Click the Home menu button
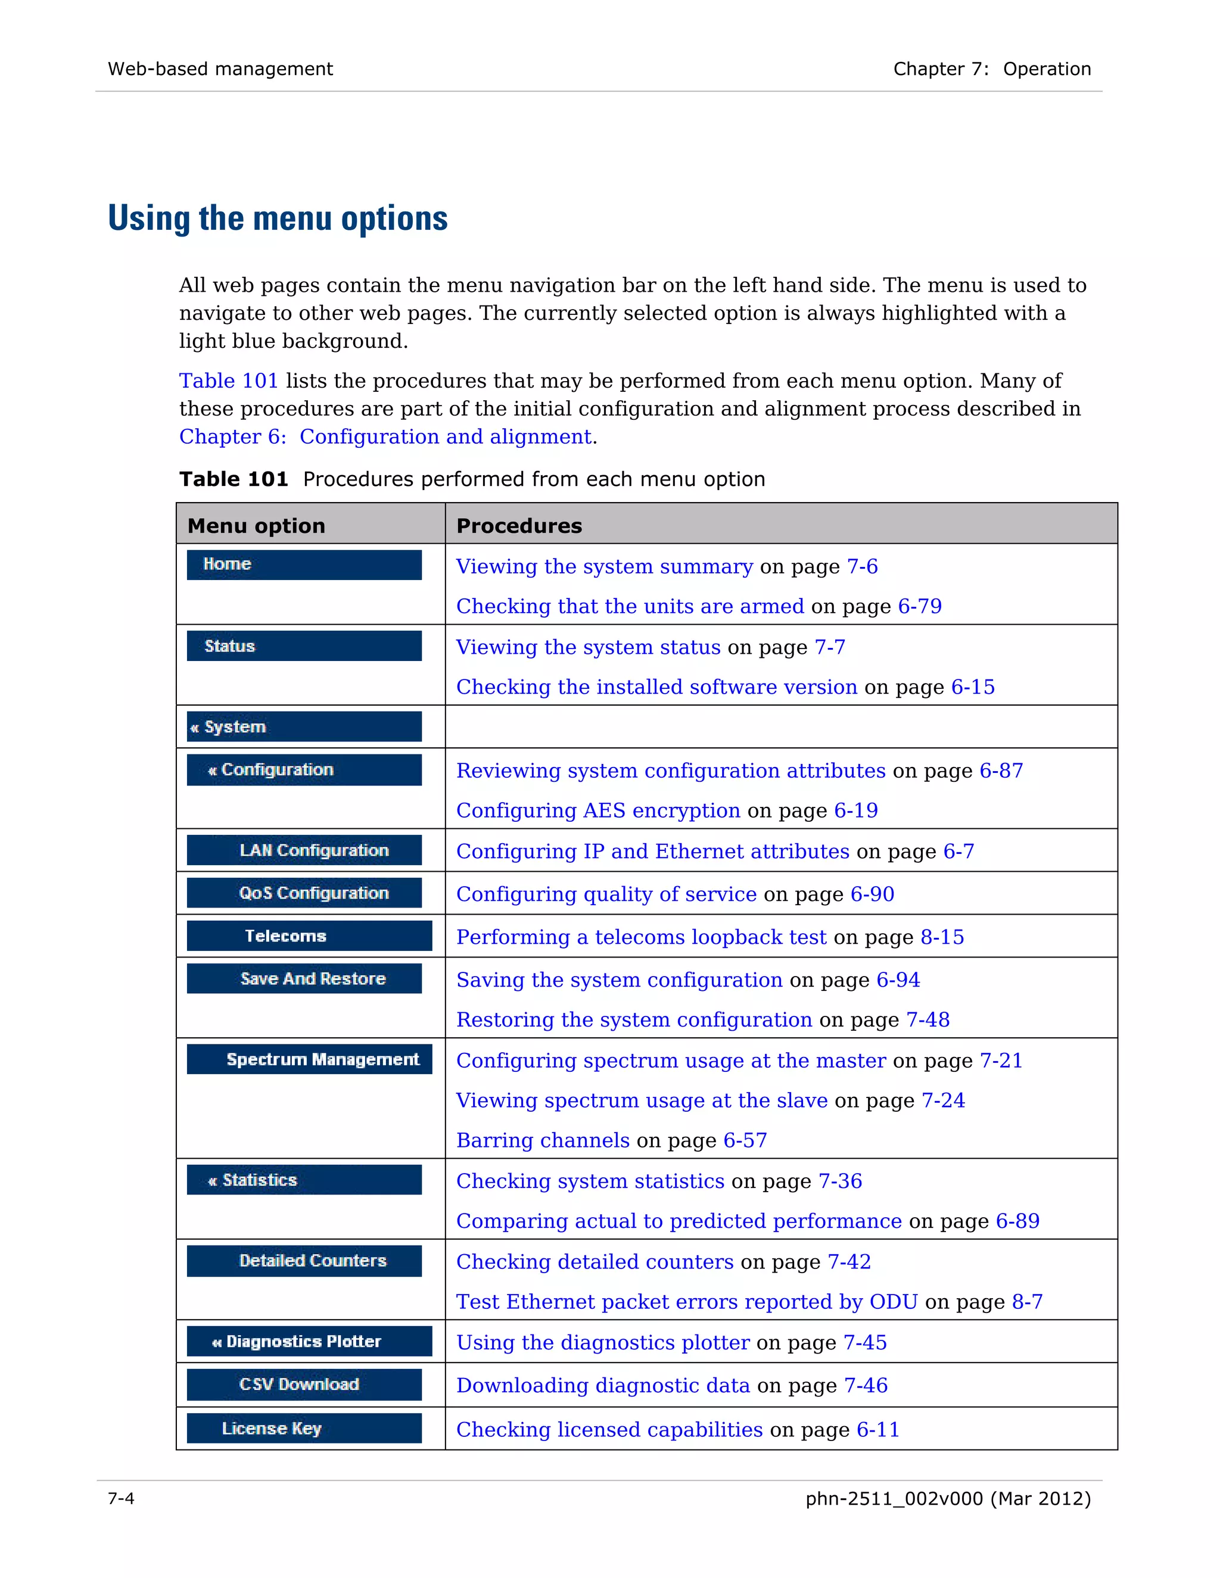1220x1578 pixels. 304,565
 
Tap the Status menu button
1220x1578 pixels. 304,645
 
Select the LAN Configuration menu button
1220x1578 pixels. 304,850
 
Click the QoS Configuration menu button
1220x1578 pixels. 304,893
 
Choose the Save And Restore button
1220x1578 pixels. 304,978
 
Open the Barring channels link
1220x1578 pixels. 542,1140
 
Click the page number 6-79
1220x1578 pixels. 919,606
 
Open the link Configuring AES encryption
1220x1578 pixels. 597,810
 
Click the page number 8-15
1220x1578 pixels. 942,937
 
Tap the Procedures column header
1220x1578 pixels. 519,525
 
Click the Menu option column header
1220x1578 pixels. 256,525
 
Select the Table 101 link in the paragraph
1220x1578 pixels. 228,381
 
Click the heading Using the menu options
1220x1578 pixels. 278,218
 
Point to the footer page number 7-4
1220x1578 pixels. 121,1499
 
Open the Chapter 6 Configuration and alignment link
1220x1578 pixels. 385,436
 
